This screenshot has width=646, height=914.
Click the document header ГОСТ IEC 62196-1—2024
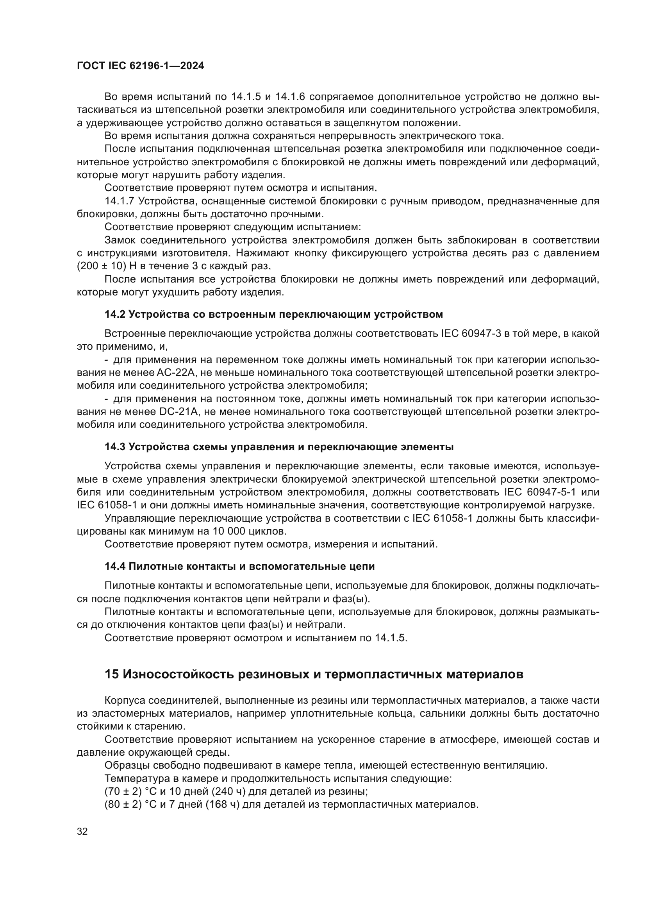(141, 66)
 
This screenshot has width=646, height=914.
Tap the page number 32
(82, 831)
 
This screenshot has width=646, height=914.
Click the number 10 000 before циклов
(233, 531)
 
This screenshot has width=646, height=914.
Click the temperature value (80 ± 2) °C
(130, 805)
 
